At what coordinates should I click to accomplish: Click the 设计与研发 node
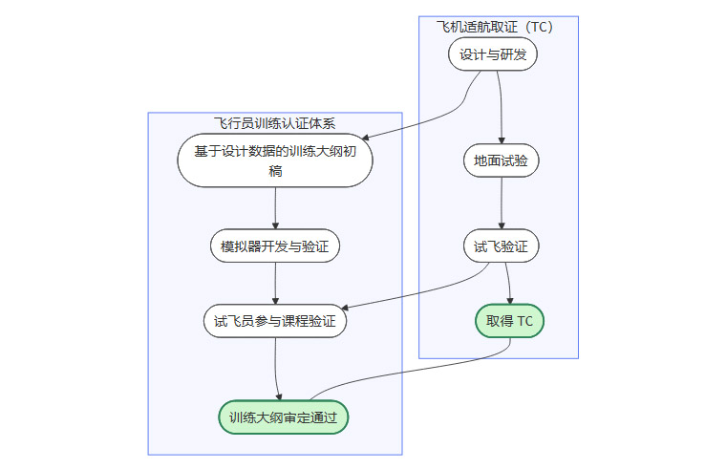[493, 54]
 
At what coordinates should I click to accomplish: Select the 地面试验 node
[501, 160]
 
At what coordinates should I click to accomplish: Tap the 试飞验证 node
[501, 246]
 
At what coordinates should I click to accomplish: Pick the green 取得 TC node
[509, 321]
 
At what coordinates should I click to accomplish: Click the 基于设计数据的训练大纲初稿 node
[275, 160]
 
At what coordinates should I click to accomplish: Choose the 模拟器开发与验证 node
[275, 246]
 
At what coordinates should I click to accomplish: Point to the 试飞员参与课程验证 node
[275, 321]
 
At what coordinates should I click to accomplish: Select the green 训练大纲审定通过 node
[283, 417]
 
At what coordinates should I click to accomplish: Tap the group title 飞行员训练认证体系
[274, 122]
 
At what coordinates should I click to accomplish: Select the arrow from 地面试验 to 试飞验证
[501, 203]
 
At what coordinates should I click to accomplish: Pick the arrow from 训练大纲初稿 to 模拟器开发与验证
[275, 207]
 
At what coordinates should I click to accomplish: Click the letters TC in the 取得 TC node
[524, 321]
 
